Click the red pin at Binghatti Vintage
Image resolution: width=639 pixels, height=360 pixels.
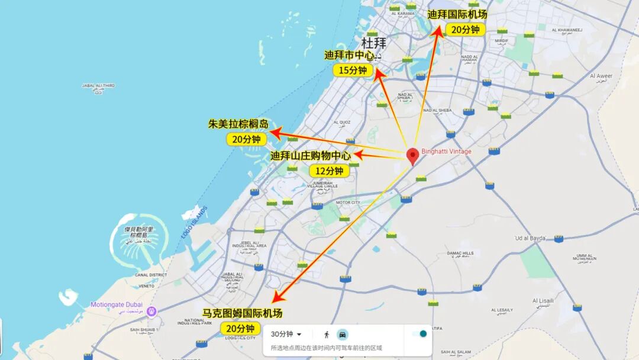[x=414, y=156]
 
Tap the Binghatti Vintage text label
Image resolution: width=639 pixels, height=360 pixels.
[x=446, y=152]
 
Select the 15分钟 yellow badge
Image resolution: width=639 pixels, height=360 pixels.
[x=353, y=70]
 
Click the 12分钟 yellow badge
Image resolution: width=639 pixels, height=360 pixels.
[x=330, y=171]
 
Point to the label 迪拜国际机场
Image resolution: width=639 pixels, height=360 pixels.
[x=457, y=14]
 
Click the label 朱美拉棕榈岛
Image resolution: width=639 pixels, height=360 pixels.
[x=238, y=124]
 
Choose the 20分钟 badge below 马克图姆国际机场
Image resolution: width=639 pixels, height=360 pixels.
[x=240, y=328]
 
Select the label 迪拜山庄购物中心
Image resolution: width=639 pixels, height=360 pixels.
[x=311, y=156]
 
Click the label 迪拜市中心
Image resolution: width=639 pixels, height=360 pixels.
[x=350, y=55]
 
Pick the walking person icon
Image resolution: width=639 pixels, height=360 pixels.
[x=326, y=334]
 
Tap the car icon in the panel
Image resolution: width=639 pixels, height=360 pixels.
[x=343, y=334]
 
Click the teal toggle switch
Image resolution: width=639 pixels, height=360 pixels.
[x=421, y=334]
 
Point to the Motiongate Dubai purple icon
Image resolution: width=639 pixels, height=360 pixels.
[x=152, y=311]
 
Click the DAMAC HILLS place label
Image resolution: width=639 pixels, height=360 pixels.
[x=460, y=253]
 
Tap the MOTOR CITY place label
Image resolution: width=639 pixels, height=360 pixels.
[x=348, y=202]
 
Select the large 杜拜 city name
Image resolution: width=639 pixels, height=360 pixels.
[x=373, y=43]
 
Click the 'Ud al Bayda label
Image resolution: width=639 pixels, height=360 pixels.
[x=530, y=238]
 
